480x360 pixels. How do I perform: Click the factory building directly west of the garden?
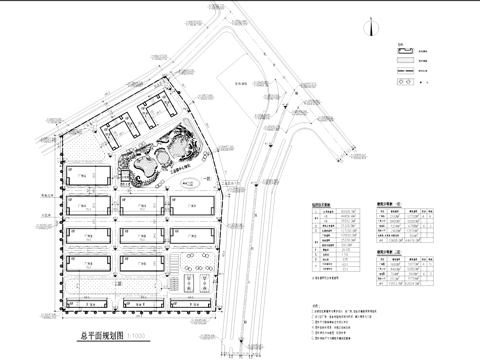click(88, 179)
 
